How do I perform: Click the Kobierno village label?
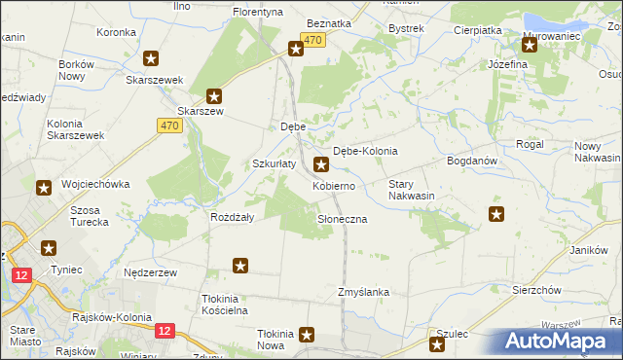[x=339, y=185]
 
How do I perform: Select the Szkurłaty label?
[x=275, y=163]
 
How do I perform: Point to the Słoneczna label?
[x=342, y=220]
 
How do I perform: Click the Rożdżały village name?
[x=233, y=218]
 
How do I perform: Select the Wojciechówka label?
[x=94, y=184]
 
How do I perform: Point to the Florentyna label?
[x=257, y=12]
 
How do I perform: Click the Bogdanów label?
[x=472, y=161]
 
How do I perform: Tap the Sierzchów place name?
[x=537, y=290]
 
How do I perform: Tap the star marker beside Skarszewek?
[x=151, y=59]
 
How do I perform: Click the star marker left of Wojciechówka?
[x=44, y=187]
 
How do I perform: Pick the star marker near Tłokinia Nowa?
[x=308, y=336]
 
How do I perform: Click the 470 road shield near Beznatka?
[x=311, y=39]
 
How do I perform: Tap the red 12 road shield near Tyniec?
[x=21, y=275]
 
